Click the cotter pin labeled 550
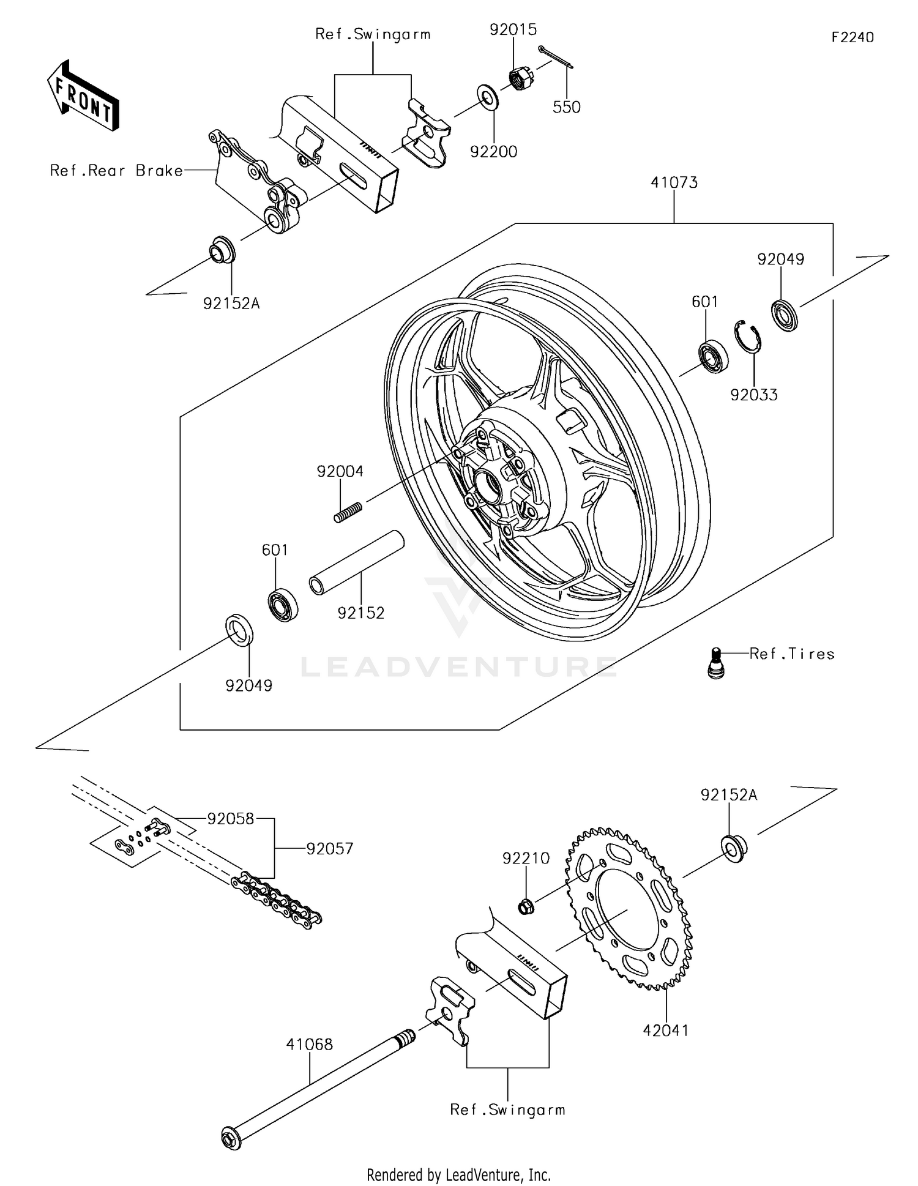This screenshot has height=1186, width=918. [x=556, y=57]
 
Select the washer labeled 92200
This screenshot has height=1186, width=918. [x=488, y=98]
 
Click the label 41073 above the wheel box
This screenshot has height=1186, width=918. [x=674, y=182]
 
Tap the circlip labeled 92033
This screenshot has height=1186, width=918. [x=747, y=336]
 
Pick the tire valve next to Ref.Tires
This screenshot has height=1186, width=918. [x=715, y=663]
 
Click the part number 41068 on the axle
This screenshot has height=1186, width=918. [x=309, y=1044]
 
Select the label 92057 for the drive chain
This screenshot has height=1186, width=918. [x=330, y=849]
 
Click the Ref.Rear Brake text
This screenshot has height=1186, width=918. [x=116, y=171]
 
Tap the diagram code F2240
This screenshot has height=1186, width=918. [x=852, y=37]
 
